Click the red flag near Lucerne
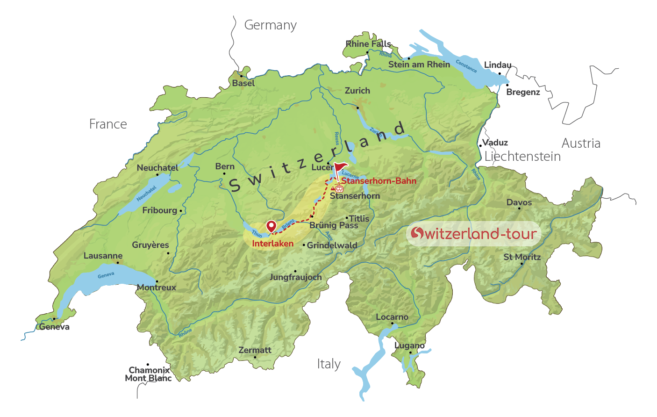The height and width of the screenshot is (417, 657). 341,168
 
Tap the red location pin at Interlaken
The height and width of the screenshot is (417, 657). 271,226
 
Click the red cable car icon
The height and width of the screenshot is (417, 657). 339,188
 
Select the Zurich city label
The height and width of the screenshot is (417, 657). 357,91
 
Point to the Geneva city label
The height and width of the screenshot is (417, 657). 54,327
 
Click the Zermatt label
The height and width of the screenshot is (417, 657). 255,350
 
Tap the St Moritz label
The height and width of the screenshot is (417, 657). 522,257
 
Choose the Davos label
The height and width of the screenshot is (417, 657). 519,202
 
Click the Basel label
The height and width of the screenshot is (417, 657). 243,83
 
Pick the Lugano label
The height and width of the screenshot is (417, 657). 409,345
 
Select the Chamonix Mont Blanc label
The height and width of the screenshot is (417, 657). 149,374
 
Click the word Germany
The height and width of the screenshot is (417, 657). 270,25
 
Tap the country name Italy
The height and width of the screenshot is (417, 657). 328,364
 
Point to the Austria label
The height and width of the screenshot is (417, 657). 581,143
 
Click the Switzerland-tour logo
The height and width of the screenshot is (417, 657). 473,233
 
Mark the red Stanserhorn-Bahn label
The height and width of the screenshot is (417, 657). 378,181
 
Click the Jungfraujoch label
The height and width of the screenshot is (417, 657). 295,277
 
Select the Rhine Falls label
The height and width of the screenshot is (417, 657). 368,44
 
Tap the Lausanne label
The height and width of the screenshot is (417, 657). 103,256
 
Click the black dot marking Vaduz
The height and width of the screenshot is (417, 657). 480,146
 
